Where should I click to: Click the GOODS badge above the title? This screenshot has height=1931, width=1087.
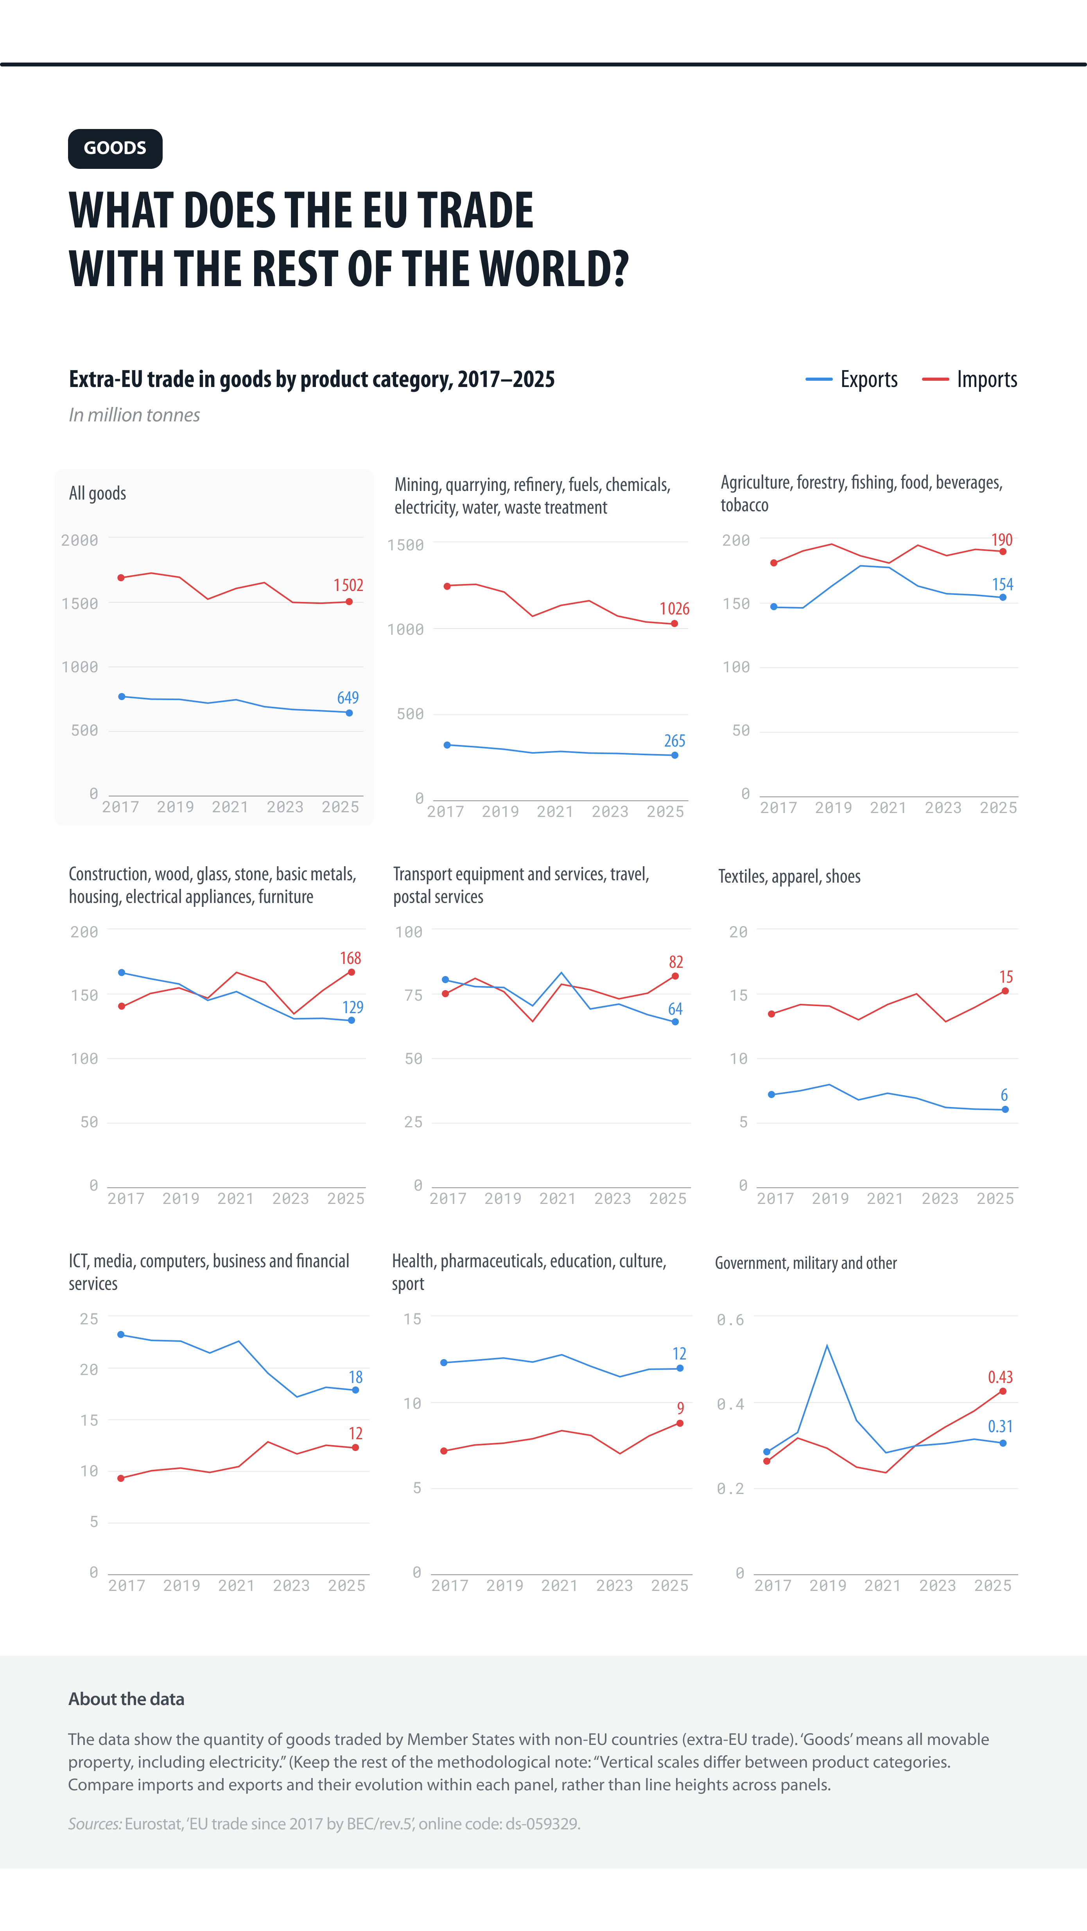point(115,149)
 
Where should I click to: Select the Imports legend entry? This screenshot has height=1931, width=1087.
point(969,379)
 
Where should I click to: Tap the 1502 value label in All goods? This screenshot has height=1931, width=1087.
point(349,585)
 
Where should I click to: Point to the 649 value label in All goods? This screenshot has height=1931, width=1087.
point(348,697)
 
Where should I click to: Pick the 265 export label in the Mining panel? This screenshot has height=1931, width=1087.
point(675,741)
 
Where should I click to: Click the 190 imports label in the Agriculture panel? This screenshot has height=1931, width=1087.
point(1001,540)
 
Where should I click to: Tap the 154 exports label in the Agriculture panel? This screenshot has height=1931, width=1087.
point(1002,584)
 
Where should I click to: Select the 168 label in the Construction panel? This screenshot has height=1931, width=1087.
point(350,958)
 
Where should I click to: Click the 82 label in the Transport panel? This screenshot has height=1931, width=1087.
point(675,962)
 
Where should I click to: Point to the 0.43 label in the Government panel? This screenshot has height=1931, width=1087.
point(1000,1377)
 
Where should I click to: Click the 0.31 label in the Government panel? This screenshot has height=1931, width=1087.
point(1000,1426)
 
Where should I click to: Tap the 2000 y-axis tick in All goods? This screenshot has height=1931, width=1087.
point(79,540)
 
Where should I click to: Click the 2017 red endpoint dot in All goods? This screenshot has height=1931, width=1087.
point(122,578)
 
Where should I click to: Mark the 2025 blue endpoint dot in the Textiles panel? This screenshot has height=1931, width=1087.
point(1005,1109)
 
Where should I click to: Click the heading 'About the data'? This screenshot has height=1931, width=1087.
point(126,1699)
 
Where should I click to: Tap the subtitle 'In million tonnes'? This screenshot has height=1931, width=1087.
point(134,415)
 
